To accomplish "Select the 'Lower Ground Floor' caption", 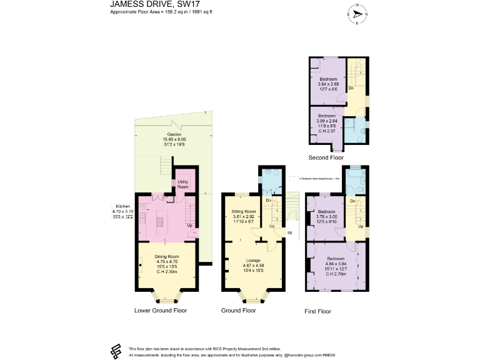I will click(161, 310).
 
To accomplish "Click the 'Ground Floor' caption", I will click(238, 310).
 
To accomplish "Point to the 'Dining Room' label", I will click(167, 257).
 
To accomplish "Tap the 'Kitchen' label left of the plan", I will click(122, 206).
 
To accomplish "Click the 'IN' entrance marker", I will click(289, 233).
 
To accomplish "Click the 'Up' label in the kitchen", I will click(191, 225).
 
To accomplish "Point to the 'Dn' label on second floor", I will click(351, 88).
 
